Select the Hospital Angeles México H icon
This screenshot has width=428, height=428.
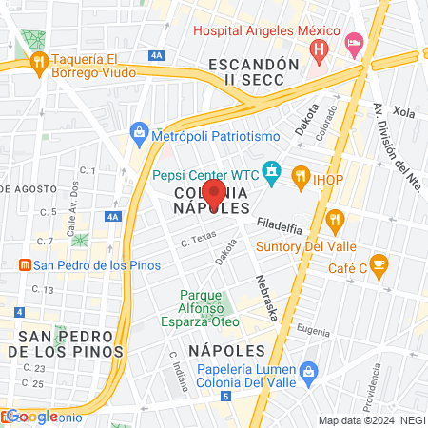pyautogui.click(x=321, y=48)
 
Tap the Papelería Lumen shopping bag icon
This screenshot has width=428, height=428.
pyautogui.click(x=306, y=371)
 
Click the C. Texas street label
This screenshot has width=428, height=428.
pyautogui.click(x=200, y=240)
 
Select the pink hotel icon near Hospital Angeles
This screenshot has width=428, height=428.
pyautogui.click(x=354, y=42)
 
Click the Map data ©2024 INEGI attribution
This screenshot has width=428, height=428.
pyautogui.click(x=370, y=419)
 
